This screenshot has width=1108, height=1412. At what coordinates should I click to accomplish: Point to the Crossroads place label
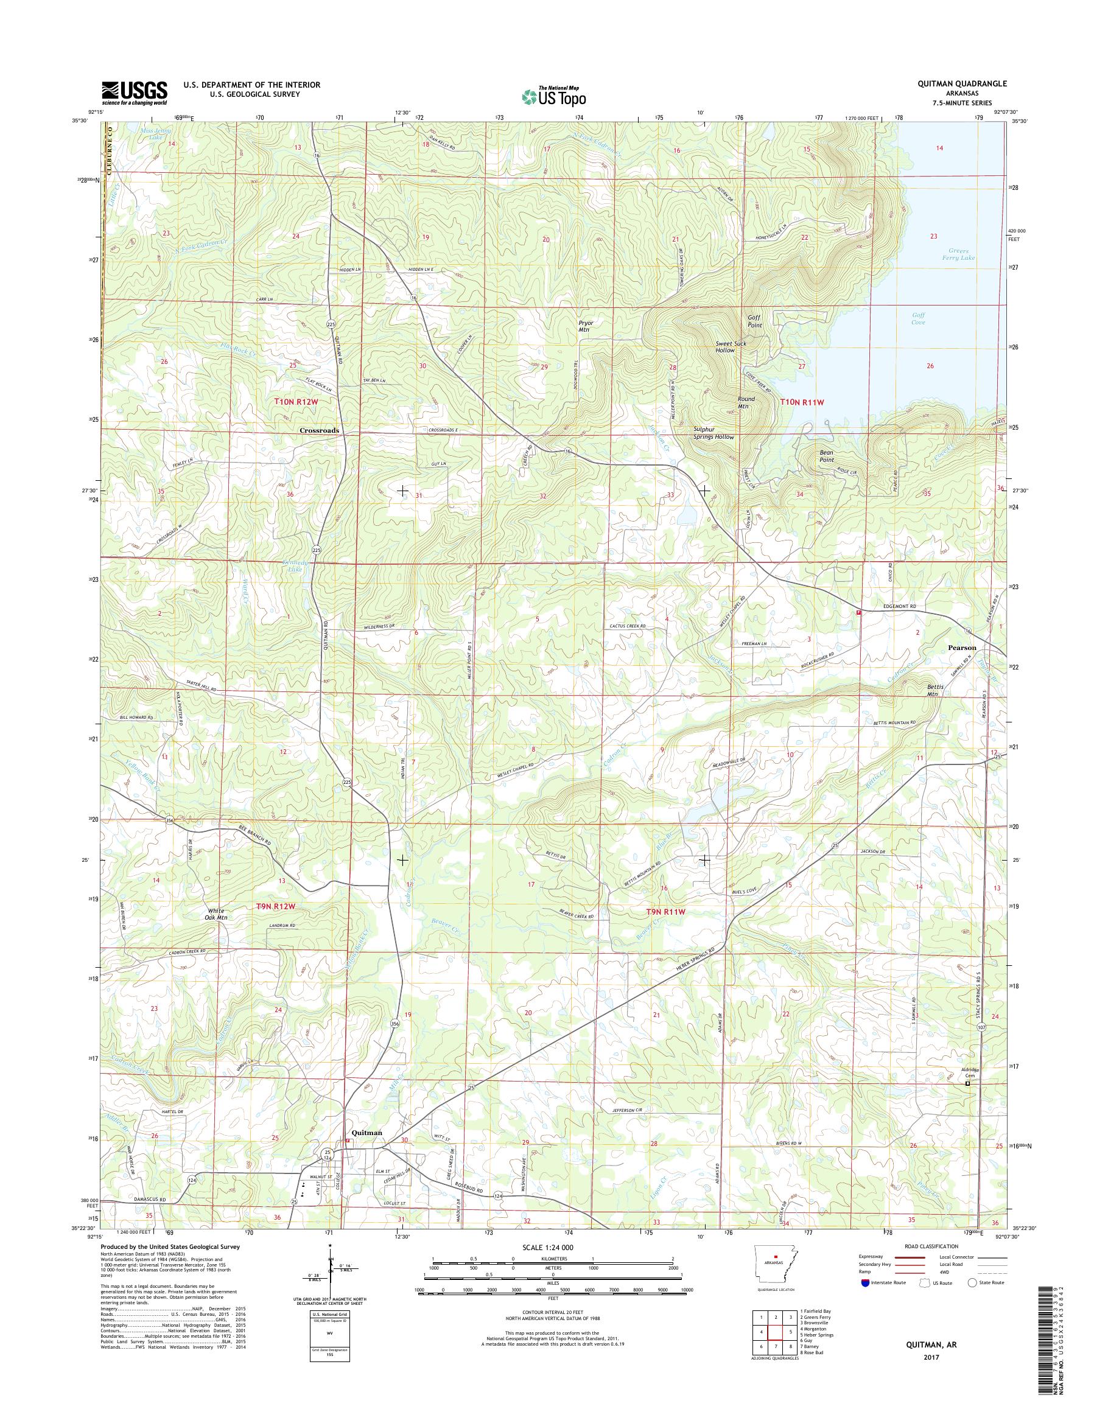319,430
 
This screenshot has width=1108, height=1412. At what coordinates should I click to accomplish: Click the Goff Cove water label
917,318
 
